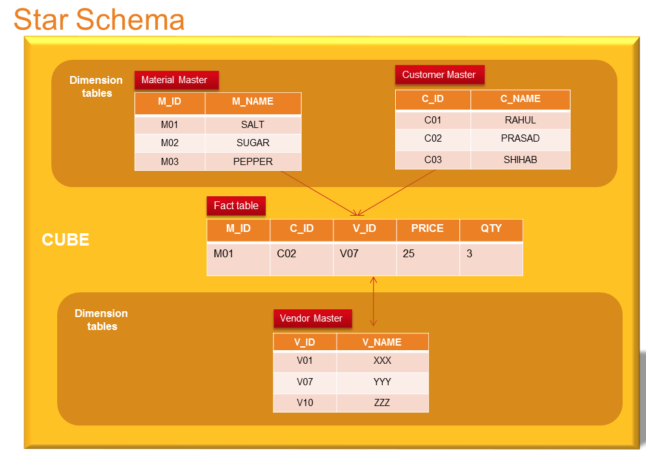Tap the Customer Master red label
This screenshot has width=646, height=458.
(439, 75)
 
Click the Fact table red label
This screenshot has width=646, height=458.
(236, 206)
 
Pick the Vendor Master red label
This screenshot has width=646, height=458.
(312, 318)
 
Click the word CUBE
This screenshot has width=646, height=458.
(66, 240)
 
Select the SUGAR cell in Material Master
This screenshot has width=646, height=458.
(253, 143)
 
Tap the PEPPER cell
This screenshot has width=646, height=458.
(253, 162)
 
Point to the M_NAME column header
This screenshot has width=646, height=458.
(253, 102)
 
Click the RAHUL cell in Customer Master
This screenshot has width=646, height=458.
(520, 120)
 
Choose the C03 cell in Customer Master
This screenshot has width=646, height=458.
(433, 160)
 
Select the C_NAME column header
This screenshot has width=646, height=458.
(520, 99)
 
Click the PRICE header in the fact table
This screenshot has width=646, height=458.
(428, 229)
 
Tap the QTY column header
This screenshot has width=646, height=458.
(491, 229)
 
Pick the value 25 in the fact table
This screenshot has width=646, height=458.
(409, 254)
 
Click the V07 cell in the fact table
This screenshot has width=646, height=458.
(349, 254)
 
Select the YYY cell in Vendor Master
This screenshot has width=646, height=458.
(382, 382)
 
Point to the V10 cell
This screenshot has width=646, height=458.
(305, 403)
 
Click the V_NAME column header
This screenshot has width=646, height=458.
(382, 342)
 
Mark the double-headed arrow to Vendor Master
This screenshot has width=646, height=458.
(373, 301)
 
